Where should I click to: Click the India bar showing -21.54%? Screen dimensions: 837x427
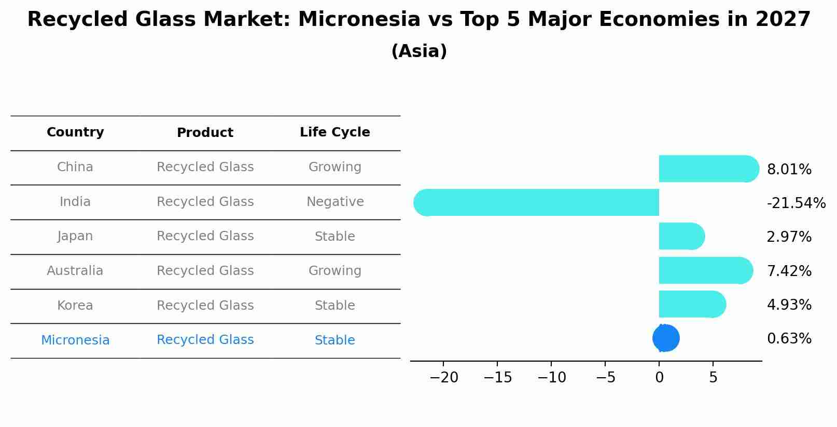pos(536,202)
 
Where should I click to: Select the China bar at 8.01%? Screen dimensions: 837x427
pos(709,169)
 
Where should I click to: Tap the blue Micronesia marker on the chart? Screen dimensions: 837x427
pos(666,338)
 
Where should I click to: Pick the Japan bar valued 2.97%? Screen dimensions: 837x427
pos(682,236)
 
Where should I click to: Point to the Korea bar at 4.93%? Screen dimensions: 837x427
pos(692,304)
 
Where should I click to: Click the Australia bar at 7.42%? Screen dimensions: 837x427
pos(706,270)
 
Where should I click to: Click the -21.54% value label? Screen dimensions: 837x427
pos(796,203)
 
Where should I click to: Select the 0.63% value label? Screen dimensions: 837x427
pos(789,338)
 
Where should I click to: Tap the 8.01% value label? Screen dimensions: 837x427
pos(789,169)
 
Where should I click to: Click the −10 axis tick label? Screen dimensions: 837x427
pos(552,377)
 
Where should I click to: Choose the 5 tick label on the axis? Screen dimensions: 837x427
pos(714,377)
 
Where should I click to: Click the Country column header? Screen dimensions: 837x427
pos(75,132)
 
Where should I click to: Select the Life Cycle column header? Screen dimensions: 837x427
pos(335,132)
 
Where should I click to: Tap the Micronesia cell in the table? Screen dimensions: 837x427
pos(75,340)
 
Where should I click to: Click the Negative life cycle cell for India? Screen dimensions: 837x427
pos(335,201)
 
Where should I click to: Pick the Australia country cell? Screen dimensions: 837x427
pos(75,270)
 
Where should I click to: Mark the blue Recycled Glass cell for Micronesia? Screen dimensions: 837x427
pos(205,339)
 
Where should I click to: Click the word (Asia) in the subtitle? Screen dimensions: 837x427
pos(419,51)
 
